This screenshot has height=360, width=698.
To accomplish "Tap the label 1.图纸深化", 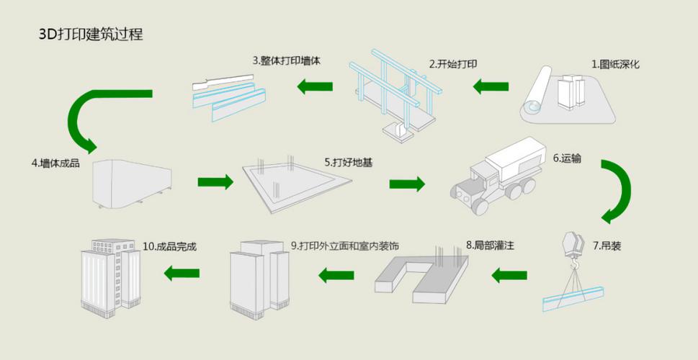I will (615, 64).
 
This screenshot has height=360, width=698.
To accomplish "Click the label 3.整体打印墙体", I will (286, 61).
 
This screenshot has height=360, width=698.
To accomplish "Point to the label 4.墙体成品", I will (55, 163).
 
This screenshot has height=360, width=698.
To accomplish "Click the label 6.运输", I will (566, 157).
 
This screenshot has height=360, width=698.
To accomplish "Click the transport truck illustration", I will (498, 176).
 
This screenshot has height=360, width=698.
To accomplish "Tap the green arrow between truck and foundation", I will (406, 184).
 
